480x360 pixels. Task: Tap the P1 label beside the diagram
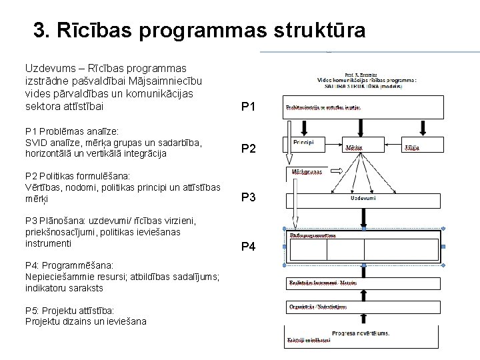pyautogui.click(x=248, y=107)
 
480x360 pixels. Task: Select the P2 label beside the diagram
pyautogui.click(x=248, y=149)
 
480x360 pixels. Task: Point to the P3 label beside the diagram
pyautogui.click(x=248, y=197)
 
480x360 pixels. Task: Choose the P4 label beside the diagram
pyautogui.click(x=248, y=247)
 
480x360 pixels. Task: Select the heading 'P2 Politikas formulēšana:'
pyautogui.click(x=77, y=176)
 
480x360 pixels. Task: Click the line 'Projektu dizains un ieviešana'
pyautogui.click(x=85, y=321)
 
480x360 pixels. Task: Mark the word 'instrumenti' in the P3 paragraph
pyautogui.click(x=48, y=243)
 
